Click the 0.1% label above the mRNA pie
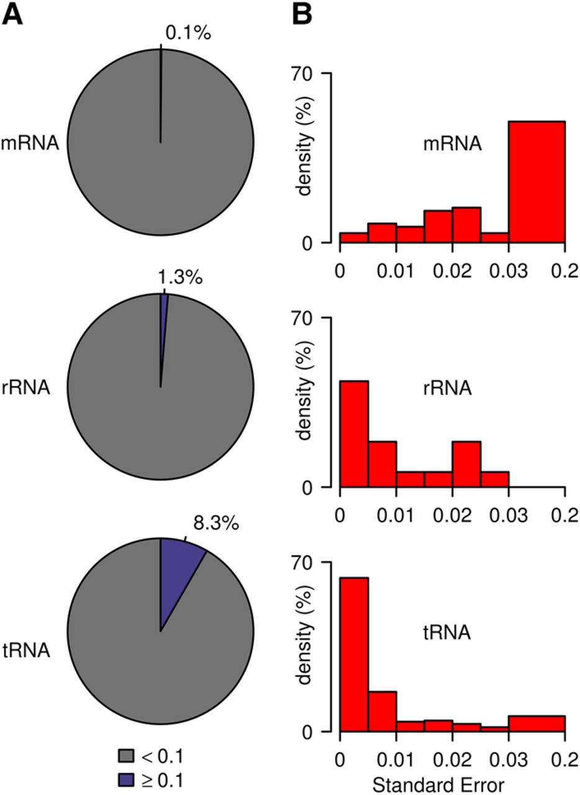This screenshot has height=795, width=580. point(188,33)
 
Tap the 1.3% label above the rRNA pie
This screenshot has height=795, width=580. point(179,278)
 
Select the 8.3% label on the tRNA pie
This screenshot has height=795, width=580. point(216,523)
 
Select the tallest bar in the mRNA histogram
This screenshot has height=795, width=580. point(537,182)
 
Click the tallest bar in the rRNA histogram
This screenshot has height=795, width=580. point(354,434)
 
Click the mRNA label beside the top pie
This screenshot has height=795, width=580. point(30,143)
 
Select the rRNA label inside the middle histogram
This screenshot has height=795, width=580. point(448,388)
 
